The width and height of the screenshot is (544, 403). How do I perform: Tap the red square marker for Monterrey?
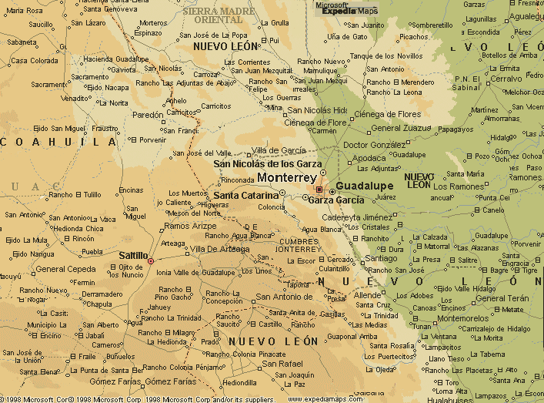click(x=319, y=189)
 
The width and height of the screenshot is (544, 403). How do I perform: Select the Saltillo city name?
click(x=134, y=254)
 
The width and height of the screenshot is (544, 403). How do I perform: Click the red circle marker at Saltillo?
click(x=151, y=260)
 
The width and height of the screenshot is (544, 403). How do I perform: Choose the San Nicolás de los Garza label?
click(x=267, y=164)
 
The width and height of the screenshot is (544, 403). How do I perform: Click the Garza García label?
click(x=335, y=200)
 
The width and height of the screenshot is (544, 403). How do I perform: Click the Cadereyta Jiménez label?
click(x=362, y=217)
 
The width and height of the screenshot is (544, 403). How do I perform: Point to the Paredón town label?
click(x=149, y=115)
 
